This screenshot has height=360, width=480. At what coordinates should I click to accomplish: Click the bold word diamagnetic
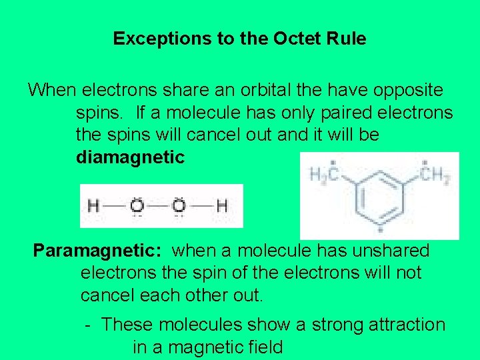(130, 158)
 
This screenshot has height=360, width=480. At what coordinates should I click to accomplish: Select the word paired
(337, 112)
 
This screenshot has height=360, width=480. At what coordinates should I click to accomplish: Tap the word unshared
(389, 251)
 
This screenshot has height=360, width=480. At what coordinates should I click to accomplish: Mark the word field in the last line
(263, 347)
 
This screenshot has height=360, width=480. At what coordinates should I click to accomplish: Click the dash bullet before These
(87, 325)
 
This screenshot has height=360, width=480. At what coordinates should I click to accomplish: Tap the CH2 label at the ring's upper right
(435, 174)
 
